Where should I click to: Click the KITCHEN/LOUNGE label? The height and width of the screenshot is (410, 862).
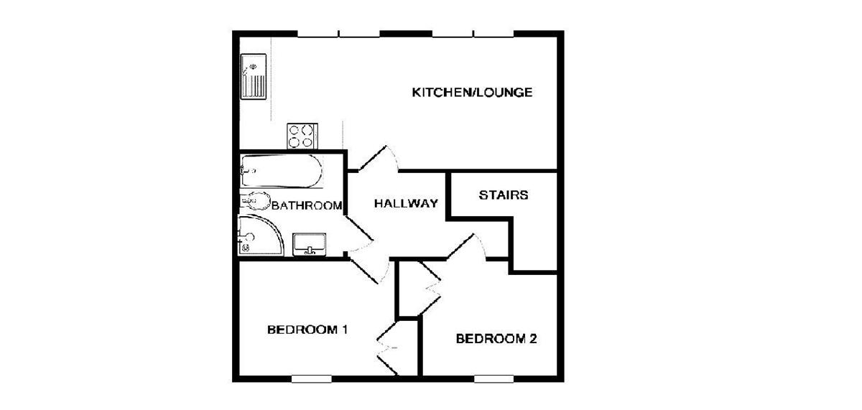pyautogui.click(x=472, y=93)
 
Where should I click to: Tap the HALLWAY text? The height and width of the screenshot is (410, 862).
pyautogui.click(x=406, y=204)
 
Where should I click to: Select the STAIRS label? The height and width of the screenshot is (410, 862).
pyautogui.click(x=504, y=195)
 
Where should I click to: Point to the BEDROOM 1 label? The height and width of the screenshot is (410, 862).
pyautogui.click(x=307, y=330)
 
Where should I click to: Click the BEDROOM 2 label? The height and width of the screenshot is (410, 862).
pyautogui.click(x=496, y=339)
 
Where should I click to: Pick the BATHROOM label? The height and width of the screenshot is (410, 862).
pyautogui.click(x=307, y=206)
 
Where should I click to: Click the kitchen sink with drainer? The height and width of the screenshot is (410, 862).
pyautogui.click(x=254, y=77)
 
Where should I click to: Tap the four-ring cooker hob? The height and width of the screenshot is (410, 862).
pyautogui.click(x=302, y=136)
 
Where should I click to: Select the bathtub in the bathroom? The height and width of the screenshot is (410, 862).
pyautogui.click(x=281, y=170)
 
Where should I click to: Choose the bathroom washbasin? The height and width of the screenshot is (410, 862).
pyautogui.click(x=310, y=243)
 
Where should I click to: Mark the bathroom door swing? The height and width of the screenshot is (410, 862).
pyautogui.click(x=359, y=236)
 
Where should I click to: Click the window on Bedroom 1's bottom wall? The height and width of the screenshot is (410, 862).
pyautogui.click(x=311, y=377)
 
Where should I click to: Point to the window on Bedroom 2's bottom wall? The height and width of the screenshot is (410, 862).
pyautogui.click(x=494, y=378)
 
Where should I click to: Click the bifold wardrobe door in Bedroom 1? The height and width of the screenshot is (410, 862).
pyautogui.click(x=389, y=348)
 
